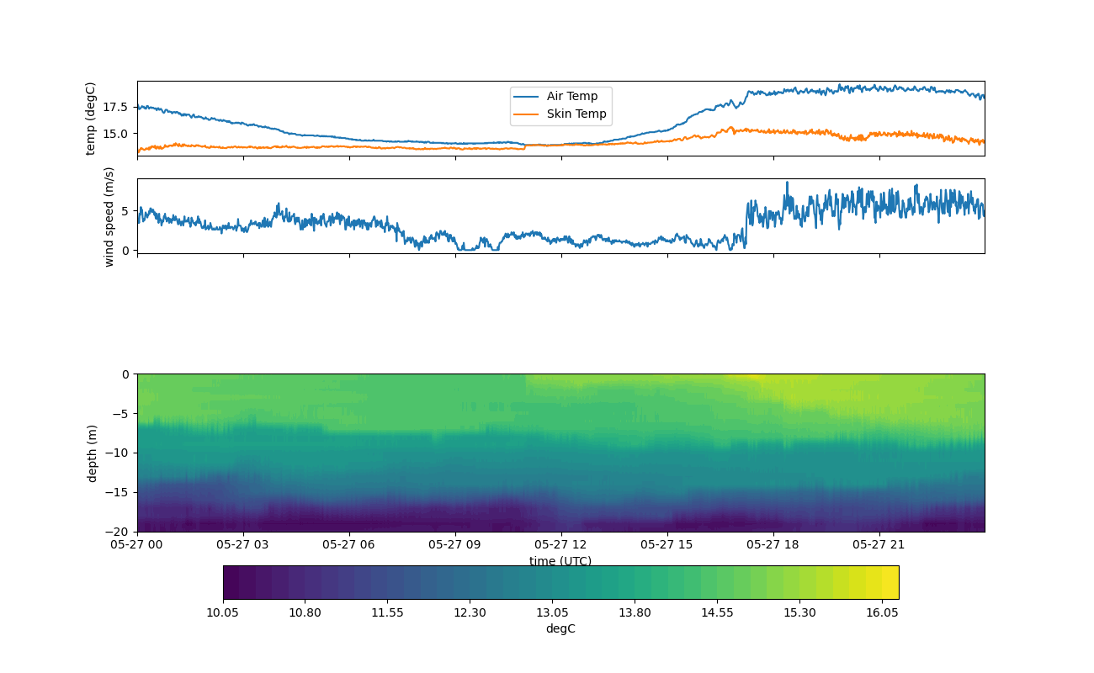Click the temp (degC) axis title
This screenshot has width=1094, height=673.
pos(91,119)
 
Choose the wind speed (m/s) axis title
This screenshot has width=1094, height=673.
pos(109,216)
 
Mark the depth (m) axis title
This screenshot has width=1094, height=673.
pos(93,453)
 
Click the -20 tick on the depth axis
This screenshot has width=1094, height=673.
pos(119,532)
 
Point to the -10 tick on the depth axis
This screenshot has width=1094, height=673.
pos(119,453)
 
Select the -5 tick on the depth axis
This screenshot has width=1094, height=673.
pos(123,413)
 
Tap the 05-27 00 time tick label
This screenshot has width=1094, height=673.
pos(137,544)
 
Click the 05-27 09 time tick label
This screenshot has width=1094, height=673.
pos(455,544)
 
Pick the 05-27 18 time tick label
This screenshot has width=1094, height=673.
pos(773,544)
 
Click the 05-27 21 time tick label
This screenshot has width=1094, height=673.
pos(879,544)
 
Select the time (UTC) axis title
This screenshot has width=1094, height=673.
pos(560,561)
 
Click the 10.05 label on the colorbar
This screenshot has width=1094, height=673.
pos(223,613)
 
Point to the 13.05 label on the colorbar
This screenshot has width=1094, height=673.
pos(552,613)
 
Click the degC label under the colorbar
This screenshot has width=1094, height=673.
pos(560,629)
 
